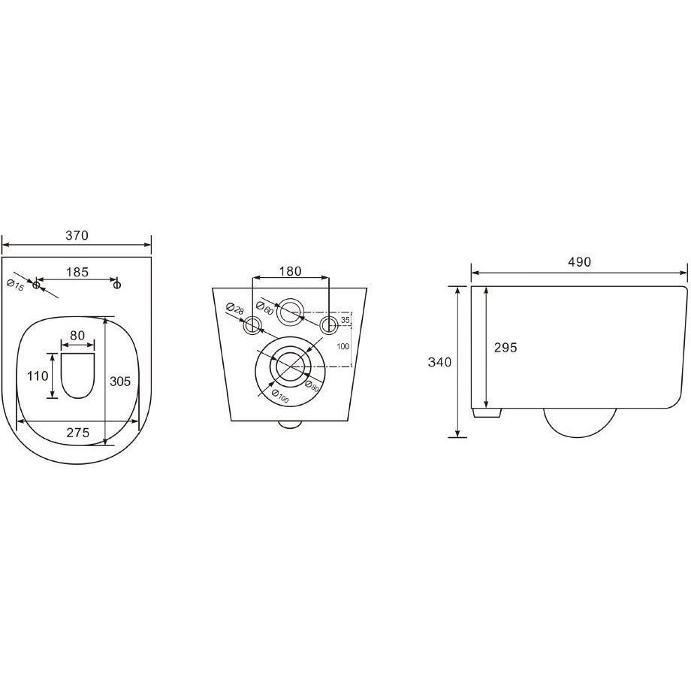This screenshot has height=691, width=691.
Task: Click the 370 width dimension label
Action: click(77, 235)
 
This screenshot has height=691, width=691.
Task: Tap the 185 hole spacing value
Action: click(77, 272)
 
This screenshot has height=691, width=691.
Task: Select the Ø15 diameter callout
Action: click(16, 285)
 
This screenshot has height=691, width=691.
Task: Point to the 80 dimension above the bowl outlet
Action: click(77, 336)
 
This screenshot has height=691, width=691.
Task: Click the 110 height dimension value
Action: click(38, 376)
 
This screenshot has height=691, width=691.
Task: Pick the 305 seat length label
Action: click(120, 381)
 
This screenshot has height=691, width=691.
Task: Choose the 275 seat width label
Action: click(78, 433)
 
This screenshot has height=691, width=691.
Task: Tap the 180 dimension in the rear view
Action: click(290, 271)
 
